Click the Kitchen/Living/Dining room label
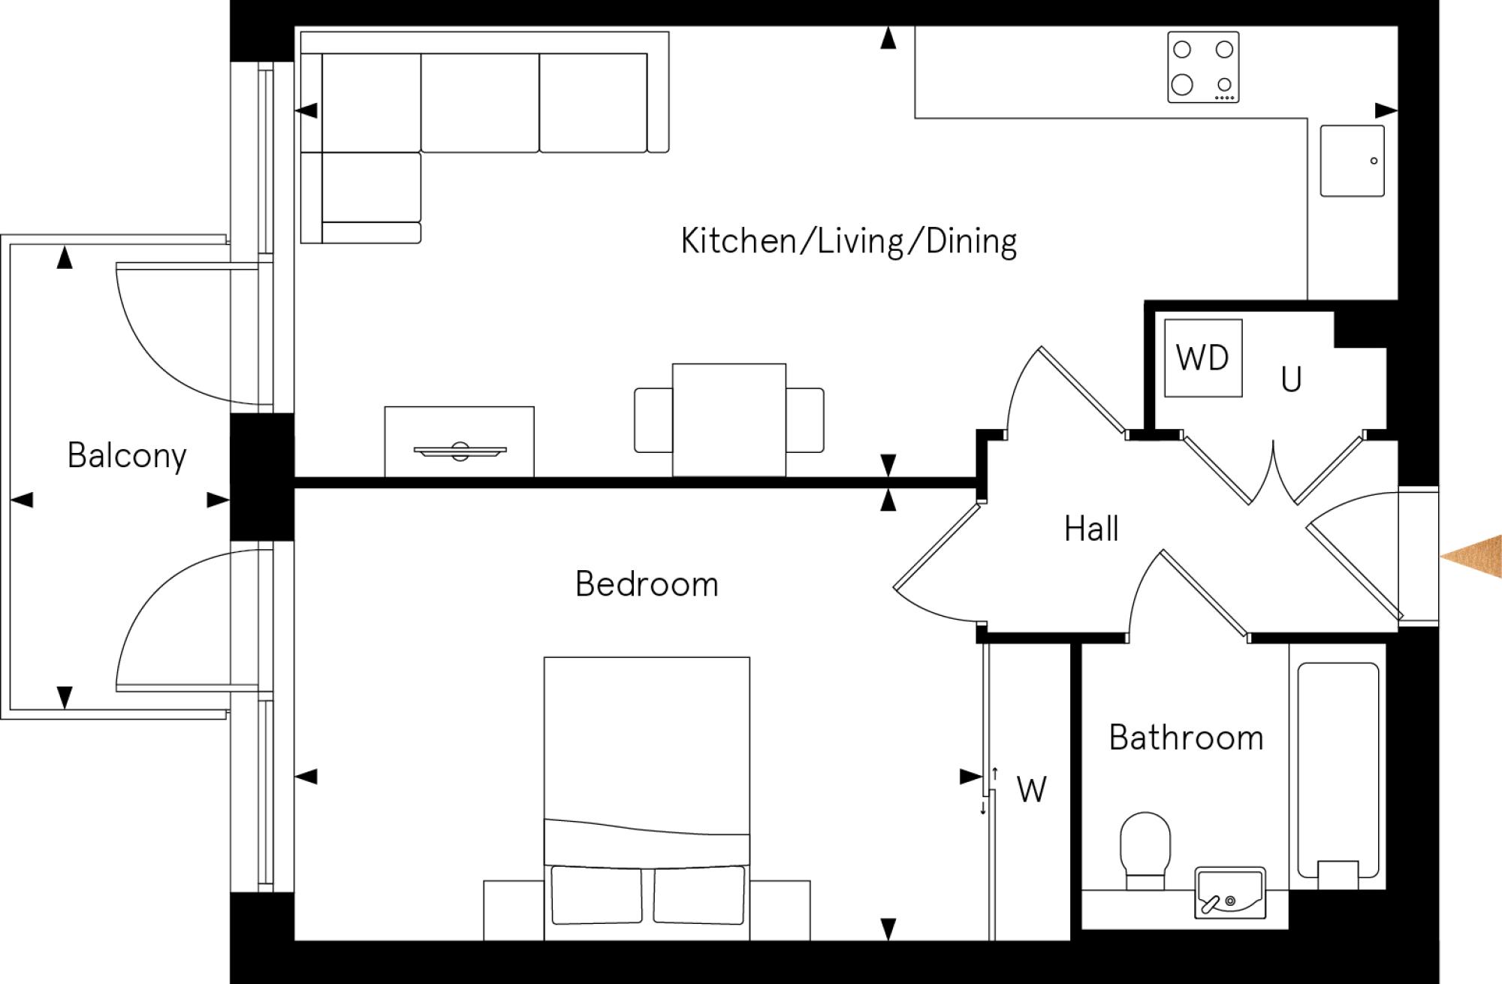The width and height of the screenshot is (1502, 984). point(849,242)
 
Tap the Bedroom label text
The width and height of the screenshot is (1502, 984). point(647,584)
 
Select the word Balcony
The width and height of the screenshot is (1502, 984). point(127,456)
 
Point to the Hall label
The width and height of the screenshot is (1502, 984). point(1091,529)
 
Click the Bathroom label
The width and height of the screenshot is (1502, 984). point(1186,738)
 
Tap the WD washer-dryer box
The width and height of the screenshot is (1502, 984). point(1202,358)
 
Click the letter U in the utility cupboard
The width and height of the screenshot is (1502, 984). point(1291,380)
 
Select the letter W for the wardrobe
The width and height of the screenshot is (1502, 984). point(1031,789)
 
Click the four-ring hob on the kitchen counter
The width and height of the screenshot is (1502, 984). point(1203,67)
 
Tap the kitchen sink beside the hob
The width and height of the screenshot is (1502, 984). point(1352,161)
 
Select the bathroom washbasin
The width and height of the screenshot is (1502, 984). point(1229,893)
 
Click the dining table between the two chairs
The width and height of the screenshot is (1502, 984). point(728,419)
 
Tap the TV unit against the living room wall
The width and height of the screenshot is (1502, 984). point(459,442)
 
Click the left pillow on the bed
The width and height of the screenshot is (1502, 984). point(597,895)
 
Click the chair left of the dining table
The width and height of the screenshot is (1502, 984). point(653,420)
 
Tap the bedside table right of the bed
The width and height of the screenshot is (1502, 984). point(780,910)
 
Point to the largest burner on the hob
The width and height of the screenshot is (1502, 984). point(1182,84)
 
